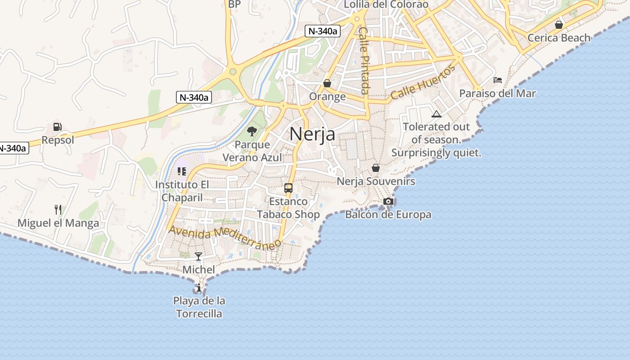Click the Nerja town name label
coord(312,134)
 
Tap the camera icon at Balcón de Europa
coord(388,202)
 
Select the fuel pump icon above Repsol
coord(57,127)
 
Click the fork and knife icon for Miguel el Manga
coord(58,210)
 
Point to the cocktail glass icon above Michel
coord(198,256)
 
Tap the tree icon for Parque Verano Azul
coord(252,131)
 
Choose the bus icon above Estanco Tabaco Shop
coord(288,188)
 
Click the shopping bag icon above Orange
coord(327,83)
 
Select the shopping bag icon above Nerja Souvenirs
coord(376,168)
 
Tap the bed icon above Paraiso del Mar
coord(497,80)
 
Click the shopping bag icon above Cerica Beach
coord(559,24)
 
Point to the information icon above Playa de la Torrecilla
coord(199,288)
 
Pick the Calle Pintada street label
coord(364,60)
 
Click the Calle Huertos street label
coord(423,82)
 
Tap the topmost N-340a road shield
coord(322,31)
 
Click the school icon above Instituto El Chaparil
coord(182,171)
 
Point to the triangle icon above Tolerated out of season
coord(436,114)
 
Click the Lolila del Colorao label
coord(386,4)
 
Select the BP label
coord(234,4)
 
